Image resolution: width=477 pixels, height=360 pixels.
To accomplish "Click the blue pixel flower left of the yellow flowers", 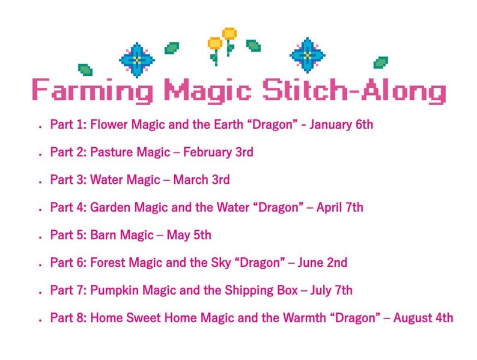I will (137, 59).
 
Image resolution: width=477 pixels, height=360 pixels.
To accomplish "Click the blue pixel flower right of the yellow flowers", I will (308, 55).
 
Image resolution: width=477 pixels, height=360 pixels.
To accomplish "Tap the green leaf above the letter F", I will (85, 70).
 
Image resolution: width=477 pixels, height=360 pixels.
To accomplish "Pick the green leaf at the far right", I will (380, 63).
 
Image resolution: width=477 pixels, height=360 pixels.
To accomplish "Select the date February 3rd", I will (218, 153).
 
